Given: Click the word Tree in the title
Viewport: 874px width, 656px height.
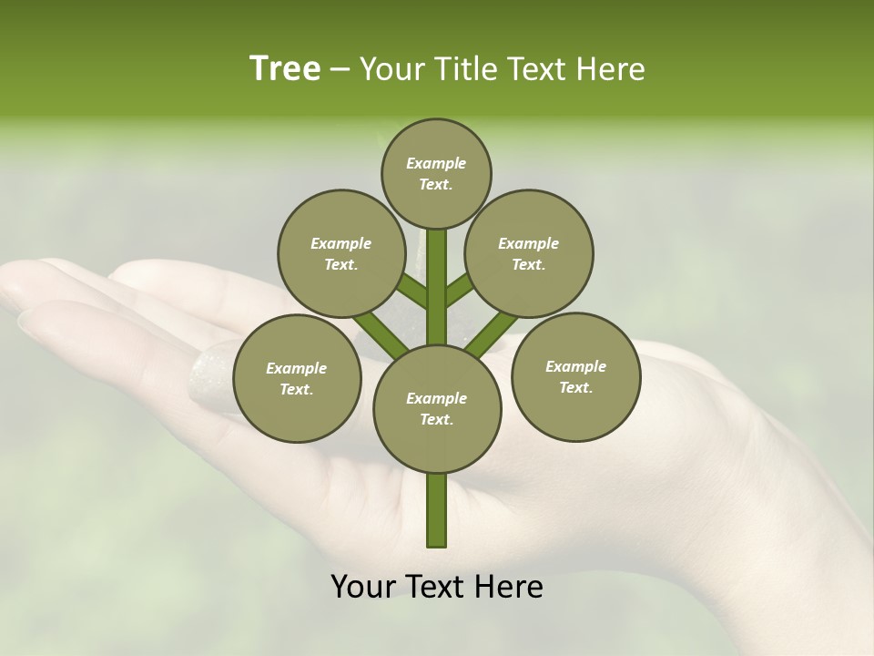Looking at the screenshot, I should click(285, 69).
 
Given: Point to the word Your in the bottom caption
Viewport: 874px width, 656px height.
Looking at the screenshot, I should click(365, 587).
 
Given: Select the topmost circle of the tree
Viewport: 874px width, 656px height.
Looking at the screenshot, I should click(436, 173).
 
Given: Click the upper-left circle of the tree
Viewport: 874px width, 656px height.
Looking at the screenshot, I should click(340, 253).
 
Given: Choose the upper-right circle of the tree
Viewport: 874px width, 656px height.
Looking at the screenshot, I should click(529, 253).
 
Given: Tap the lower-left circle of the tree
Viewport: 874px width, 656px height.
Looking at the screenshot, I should click(297, 378).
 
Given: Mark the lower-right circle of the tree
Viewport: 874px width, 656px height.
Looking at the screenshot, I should click(575, 376).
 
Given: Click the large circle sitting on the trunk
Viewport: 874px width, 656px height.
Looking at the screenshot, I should click(437, 408).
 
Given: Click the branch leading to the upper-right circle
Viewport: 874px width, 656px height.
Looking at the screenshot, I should click(460, 291).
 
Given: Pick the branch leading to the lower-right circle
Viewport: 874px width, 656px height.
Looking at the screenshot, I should click(492, 333).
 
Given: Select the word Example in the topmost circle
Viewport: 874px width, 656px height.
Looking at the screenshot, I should click(436, 163).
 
